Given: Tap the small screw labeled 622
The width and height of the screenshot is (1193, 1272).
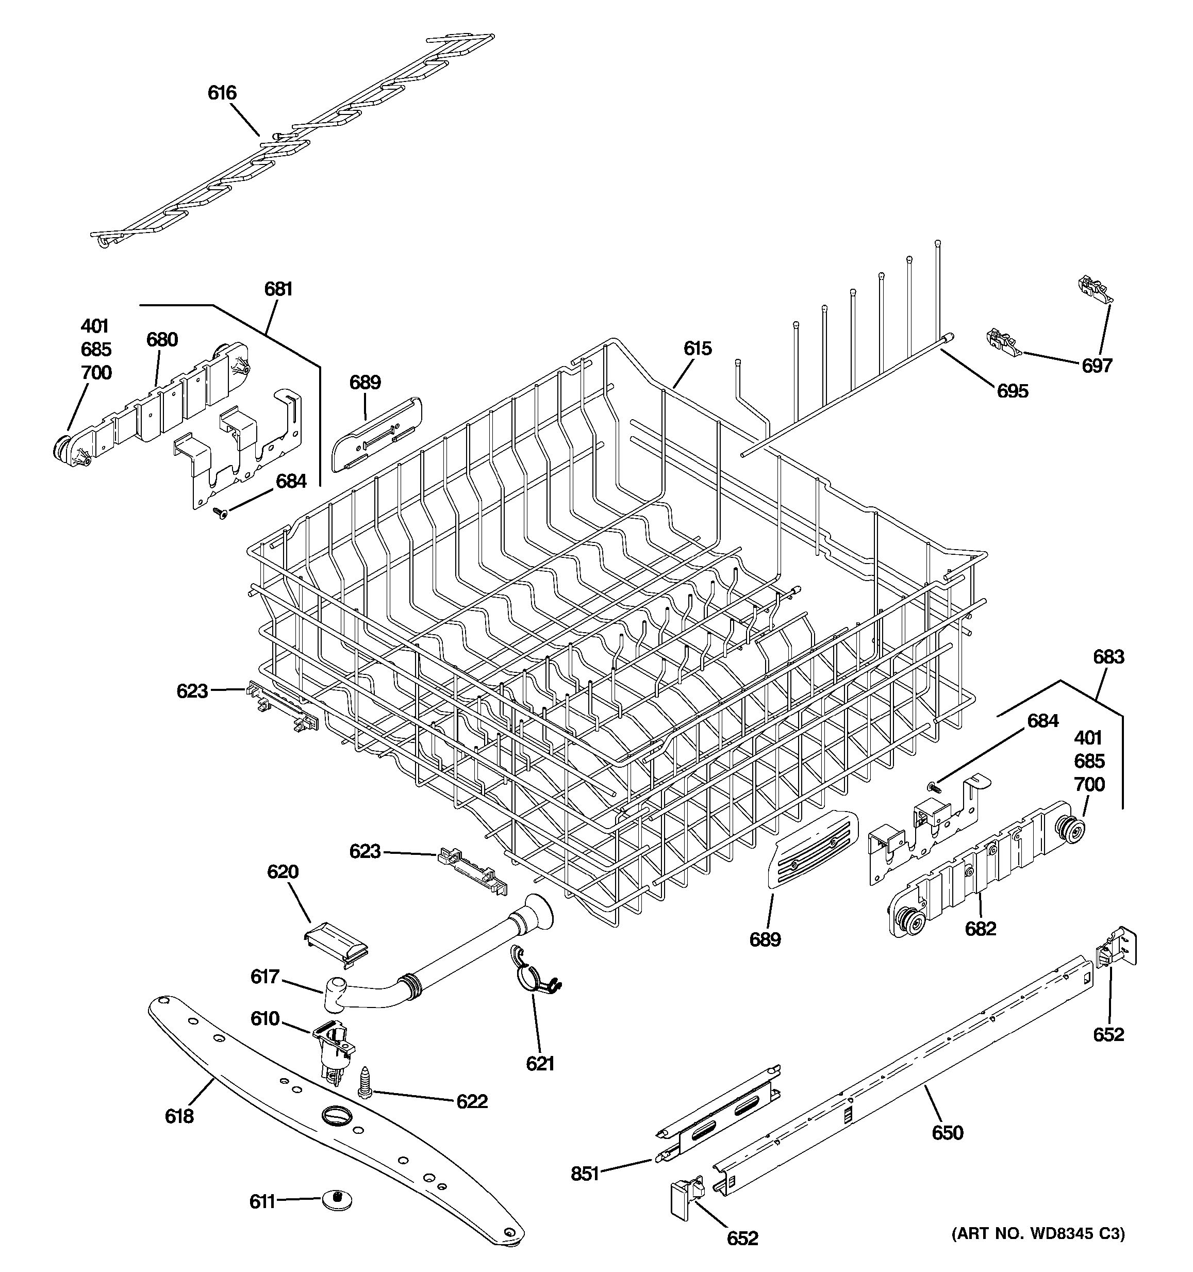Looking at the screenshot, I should click(365, 1084).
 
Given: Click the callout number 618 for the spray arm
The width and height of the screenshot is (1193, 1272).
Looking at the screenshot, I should click(179, 1116).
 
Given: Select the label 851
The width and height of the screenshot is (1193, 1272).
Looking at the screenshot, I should click(585, 1174).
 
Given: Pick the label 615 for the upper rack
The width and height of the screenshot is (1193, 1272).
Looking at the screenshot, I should click(697, 349).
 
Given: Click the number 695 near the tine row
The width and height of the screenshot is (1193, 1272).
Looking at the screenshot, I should click(1013, 391).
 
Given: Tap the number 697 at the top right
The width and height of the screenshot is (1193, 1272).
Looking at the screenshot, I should click(1097, 366).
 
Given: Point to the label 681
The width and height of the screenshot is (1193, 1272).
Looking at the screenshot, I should click(278, 289).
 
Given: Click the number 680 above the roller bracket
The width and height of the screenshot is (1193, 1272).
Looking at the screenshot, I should click(162, 340).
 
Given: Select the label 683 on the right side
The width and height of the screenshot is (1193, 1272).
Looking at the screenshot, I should click(1108, 657).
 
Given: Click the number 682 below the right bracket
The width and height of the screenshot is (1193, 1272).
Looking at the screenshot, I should click(981, 929).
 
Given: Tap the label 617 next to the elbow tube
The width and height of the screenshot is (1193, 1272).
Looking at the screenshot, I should click(265, 977).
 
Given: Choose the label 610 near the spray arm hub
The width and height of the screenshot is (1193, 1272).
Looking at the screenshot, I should click(265, 1019).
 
